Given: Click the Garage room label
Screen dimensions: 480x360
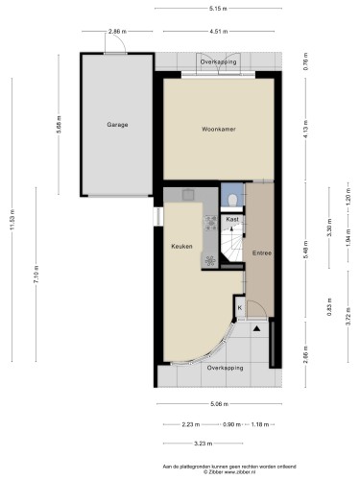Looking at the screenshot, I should click(117, 125).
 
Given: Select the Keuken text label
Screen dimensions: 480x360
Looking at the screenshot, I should click(181, 246).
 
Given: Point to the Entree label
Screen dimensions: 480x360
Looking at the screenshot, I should click(261, 252).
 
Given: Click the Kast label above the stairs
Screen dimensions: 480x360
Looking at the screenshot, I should click(231, 220).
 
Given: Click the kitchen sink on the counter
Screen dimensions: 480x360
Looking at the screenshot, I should click(188, 198).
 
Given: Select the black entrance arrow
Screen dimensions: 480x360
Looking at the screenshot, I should click(257, 326).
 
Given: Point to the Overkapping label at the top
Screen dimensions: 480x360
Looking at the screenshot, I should click(217, 61).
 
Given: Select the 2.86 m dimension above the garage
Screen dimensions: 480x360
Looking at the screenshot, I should click(116, 32).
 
